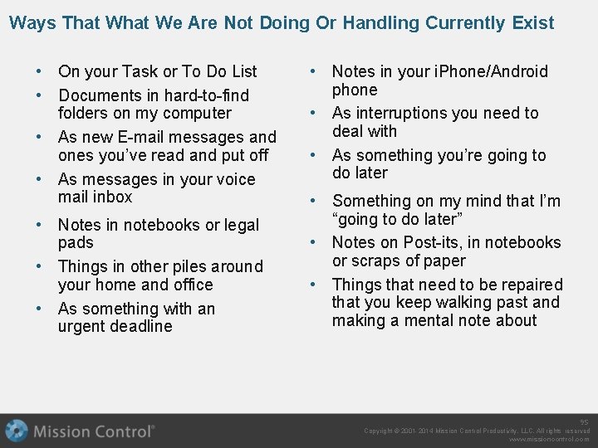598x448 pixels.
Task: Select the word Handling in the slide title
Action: [378, 22]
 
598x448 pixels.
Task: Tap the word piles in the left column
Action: [180, 266]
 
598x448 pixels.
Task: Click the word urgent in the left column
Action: [83, 326]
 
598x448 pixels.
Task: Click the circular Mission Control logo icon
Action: [16, 431]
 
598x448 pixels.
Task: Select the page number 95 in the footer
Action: [585, 421]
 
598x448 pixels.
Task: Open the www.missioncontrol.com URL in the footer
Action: [548, 439]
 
